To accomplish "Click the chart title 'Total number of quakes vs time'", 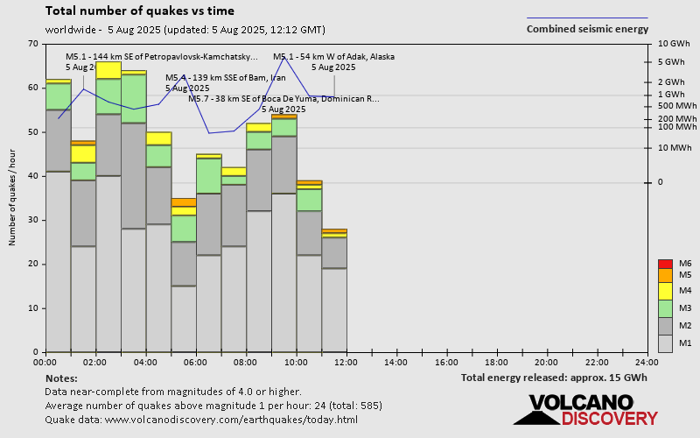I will (x=139, y=11).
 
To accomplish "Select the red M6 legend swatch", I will (x=665, y=264).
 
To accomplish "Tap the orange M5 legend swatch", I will (x=665, y=275).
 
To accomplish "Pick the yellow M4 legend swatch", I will (x=665, y=291).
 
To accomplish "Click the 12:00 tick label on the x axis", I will (x=346, y=362).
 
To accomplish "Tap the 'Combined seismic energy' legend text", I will (x=587, y=28).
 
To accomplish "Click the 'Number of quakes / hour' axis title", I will (x=13, y=198).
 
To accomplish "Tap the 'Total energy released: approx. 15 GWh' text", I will (x=554, y=378).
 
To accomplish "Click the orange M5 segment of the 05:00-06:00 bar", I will (x=184, y=202).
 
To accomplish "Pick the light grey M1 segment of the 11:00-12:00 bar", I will (x=334, y=310).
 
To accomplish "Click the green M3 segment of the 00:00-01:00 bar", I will (x=59, y=96).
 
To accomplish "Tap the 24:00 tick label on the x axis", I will (x=647, y=362).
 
